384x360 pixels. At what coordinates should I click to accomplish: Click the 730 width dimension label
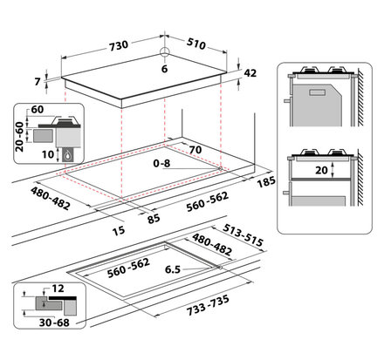click(x=119, y=45)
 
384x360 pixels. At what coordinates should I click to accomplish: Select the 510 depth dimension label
click(x=196, y=44)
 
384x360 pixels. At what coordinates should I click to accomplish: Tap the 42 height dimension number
click(x=250, y=73)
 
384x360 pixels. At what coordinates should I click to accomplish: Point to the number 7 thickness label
click(x=38, y=82)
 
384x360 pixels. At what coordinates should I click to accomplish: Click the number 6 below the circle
click(x=164, y=69)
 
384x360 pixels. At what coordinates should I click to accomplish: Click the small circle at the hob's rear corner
click(x=164, y=51)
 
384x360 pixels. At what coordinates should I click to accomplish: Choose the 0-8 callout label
click(x=161, y=163)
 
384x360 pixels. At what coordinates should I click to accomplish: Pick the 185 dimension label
click(x=266, y=181)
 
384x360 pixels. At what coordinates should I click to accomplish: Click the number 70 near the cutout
click(x=195, y=150)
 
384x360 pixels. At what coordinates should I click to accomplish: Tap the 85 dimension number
click(x=154, y=219)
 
